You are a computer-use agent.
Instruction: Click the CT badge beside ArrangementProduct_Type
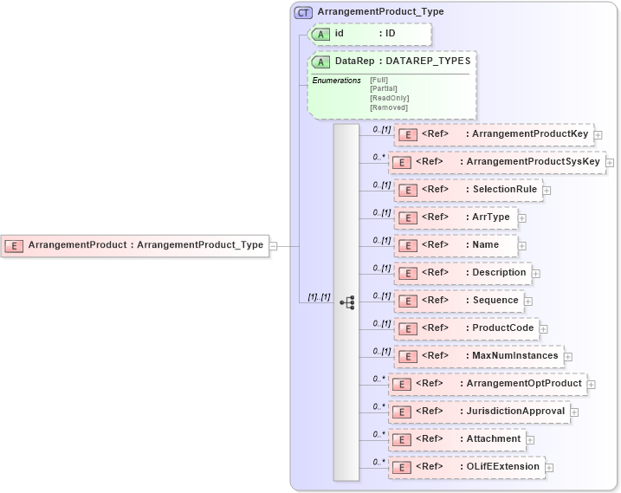(x=303, y=12)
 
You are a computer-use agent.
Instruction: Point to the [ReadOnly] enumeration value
(x=389, y=98)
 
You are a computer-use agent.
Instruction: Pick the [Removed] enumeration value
(x=388, y=107)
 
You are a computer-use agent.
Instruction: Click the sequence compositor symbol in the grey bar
(x=347, y=302)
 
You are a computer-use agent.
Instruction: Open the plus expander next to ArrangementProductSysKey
(x=610, y=162)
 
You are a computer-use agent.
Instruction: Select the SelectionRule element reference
(x=469, y=190)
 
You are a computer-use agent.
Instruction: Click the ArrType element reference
(x=456, y=217)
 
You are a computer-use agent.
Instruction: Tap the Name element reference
(x=456, y=245)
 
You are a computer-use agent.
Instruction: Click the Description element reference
(x=463, y=273)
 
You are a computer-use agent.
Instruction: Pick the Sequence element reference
(x=460, y=301)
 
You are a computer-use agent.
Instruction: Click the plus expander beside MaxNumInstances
(x=568, y=356)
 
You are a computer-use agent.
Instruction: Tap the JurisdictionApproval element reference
(x=480, y=412)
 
